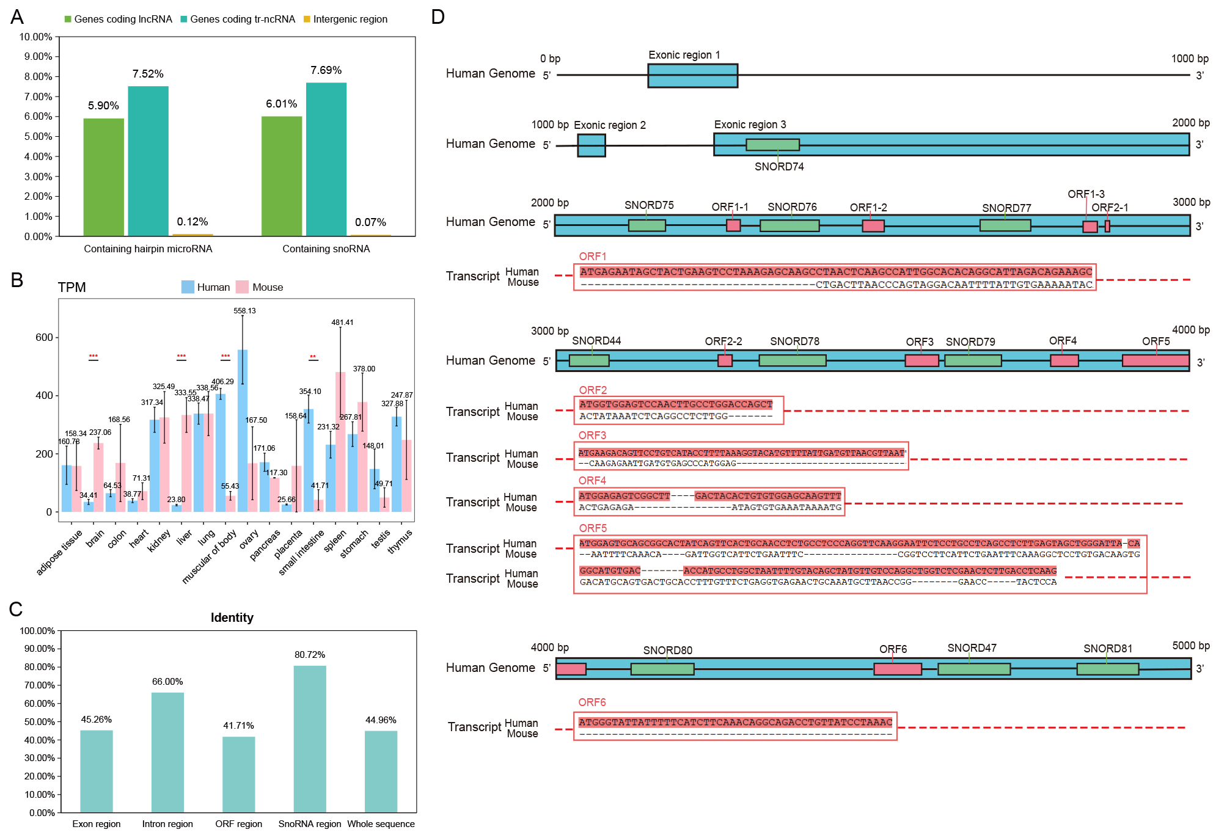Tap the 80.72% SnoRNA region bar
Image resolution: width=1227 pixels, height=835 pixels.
point(310,738)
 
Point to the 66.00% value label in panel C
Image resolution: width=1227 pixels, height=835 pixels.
point(167,682)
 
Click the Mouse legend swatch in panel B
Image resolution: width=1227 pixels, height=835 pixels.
point(243,287)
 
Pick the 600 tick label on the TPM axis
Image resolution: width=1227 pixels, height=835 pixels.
point(44,337)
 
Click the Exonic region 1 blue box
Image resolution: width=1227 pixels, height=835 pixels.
point(692,76)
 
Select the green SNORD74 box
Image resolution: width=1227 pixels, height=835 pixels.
point(772,145)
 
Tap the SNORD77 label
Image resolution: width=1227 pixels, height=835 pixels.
point(1006,208)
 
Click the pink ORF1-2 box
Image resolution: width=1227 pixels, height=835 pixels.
point(873,226)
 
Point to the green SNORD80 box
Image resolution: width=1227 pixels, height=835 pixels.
point(662,669)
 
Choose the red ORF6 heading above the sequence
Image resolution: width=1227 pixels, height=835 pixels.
point(592,702)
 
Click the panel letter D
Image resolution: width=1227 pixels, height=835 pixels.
point(438,17)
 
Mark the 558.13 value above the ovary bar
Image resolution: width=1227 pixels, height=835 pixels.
point(244,311)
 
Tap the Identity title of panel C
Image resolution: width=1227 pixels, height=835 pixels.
point(232,618)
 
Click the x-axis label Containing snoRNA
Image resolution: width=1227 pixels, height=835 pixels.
point(326,249)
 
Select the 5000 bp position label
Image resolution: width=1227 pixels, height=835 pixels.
point(1190,646)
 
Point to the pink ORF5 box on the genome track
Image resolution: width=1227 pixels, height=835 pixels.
point(1155,361)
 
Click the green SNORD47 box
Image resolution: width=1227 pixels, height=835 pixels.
point(973,669)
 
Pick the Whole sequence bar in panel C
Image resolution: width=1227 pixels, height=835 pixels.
point(381,771)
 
